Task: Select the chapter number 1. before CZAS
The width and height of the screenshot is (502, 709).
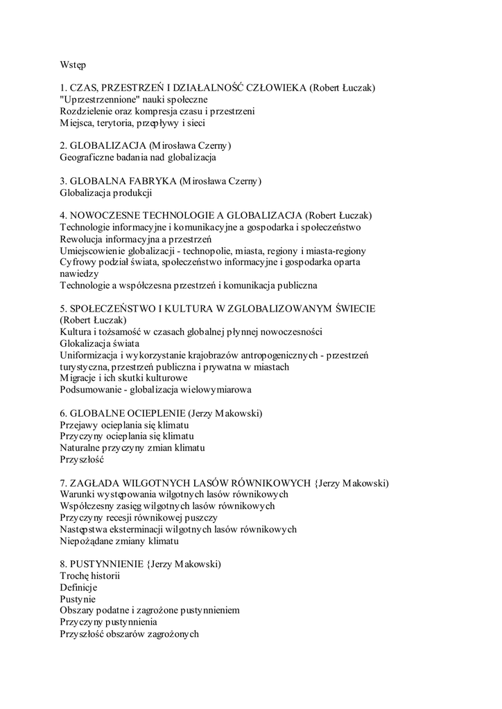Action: click(64, 88)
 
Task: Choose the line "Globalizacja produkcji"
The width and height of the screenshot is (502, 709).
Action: click(105, 193)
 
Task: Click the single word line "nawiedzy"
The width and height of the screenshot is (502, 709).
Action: click(79, 273)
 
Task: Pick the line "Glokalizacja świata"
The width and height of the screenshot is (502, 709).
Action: click(100, 343)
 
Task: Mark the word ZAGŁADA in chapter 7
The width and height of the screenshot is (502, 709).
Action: click(96, 483)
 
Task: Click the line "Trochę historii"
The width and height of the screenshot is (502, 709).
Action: click(90, 576)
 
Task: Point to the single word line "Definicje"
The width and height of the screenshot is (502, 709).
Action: click(79, 587)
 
